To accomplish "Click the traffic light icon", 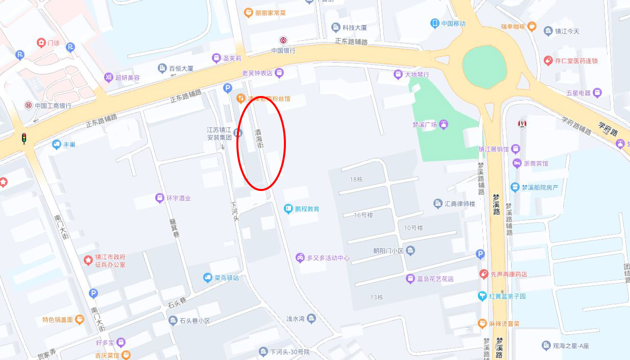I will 23,138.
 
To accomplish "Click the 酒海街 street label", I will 259,139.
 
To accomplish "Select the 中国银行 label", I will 283,51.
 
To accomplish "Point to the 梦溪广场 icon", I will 444,124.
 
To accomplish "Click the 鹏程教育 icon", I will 288,208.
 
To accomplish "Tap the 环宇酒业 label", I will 178,198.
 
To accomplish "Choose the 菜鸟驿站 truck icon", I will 207,278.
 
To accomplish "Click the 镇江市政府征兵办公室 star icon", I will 88,261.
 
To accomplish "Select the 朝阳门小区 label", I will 388,251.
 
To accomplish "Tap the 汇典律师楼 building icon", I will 438,204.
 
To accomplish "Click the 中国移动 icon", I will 434,23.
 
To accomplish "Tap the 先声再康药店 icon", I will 483,274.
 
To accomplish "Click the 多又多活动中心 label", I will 328,258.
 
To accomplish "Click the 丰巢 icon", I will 57,145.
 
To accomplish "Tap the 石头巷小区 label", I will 195,321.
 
